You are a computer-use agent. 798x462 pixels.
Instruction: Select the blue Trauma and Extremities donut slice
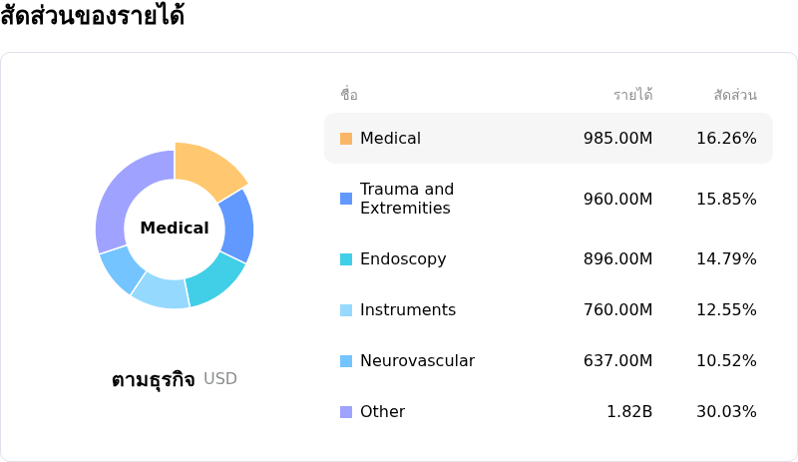coord(236,226)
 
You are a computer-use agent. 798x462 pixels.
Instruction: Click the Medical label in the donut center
coord(175,229)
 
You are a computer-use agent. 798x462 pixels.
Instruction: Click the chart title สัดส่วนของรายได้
coord(93,17)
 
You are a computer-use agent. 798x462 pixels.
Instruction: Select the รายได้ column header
coord(632,96)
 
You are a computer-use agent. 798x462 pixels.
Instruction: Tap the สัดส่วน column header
coord(735,96)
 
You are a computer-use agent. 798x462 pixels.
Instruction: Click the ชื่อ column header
coord(349,96)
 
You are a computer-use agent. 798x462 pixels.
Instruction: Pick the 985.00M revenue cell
coord(617,139)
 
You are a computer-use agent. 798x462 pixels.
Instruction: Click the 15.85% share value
coord(726,199)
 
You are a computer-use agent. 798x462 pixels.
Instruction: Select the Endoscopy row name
coord(403,259)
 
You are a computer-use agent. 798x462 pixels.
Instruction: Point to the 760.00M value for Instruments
coord(617,310)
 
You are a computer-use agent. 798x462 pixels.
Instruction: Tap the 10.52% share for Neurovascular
coord(726,361)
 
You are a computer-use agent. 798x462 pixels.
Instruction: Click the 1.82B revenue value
coord(629,412)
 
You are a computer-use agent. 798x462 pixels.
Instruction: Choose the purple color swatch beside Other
coord(346,412)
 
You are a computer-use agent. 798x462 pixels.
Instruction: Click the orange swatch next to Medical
coord(346,139)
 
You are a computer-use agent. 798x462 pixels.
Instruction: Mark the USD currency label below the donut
coord(220,379)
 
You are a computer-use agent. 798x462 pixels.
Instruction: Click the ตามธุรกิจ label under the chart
coord(153,380)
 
